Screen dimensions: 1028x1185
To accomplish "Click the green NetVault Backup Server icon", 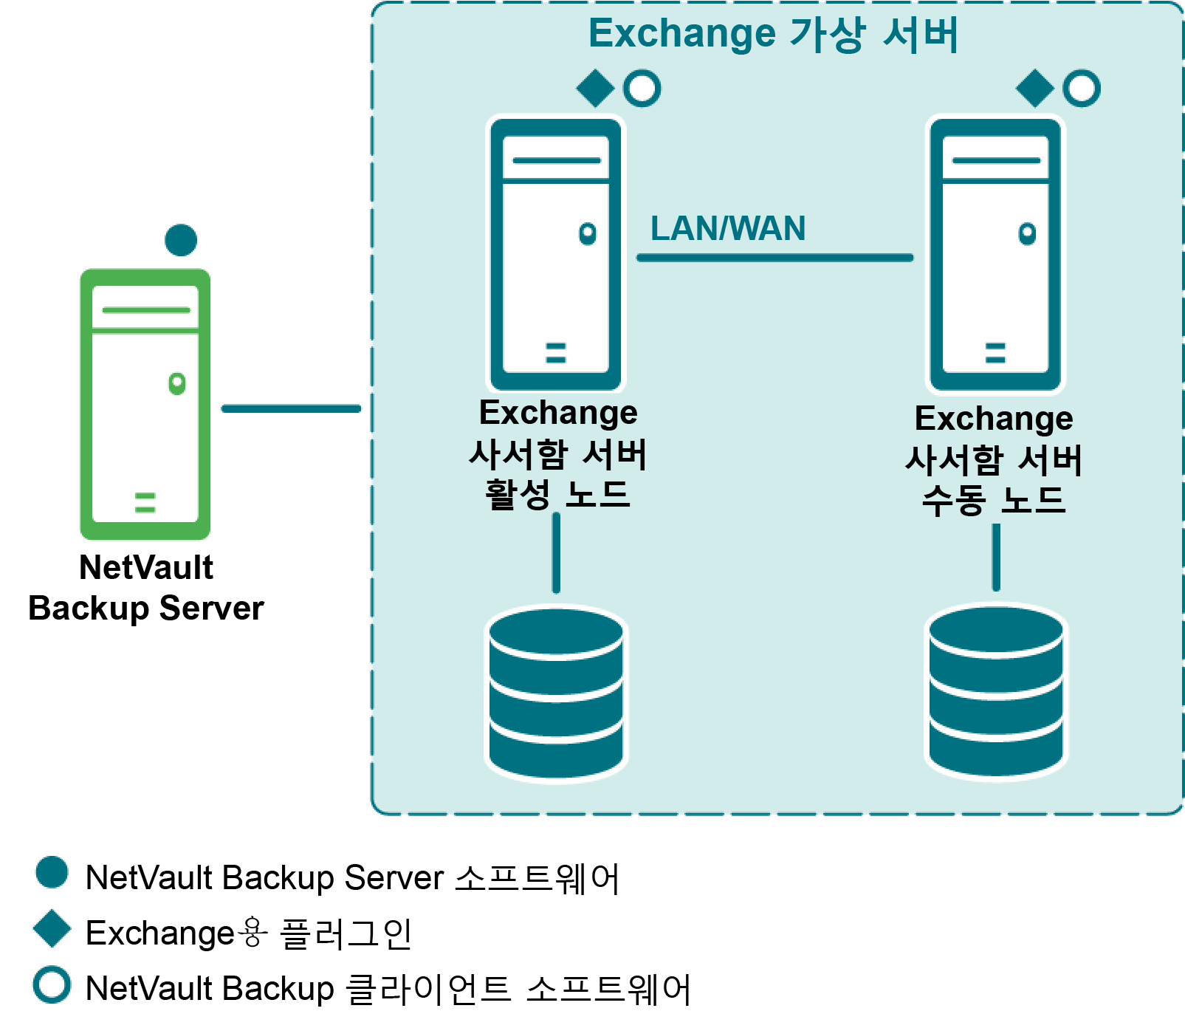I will (145, 403).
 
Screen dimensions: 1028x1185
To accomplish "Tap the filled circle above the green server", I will (181, 240).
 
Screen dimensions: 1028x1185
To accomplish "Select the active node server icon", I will (556, 253).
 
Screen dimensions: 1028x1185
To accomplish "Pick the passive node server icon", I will (995, 253).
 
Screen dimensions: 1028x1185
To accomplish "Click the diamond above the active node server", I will (595, 89).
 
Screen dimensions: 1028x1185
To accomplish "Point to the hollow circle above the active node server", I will (642, 89).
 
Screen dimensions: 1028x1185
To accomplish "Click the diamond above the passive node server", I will (1035, 89).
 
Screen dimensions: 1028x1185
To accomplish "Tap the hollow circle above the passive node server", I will (1082, 89).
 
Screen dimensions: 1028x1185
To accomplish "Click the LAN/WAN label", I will (727, 228).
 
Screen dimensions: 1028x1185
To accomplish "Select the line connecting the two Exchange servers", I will (774, 258).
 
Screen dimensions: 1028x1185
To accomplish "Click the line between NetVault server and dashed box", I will (291, 408).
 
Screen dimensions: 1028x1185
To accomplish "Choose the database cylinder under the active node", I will (556, 693).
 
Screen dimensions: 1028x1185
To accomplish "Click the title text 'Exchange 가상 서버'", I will (773, 34).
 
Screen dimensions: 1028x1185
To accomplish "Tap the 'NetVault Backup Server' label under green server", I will (146, 588).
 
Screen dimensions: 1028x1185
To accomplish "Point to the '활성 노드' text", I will (557, 494).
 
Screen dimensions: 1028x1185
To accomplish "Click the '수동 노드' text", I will (994, 500).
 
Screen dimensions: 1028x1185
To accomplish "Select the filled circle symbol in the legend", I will (52, 872).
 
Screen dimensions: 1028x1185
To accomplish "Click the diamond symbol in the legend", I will (52, 928).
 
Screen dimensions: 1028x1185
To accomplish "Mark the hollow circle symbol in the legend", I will (52, 984).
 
